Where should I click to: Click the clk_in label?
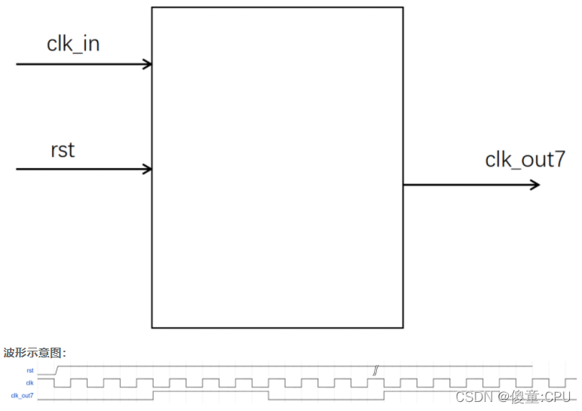tap(73, 44)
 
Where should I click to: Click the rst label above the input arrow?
tap(63, 150)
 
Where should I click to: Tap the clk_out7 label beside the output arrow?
tap(525, 160)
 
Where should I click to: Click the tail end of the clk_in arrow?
tap(17, 64)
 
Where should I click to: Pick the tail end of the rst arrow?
tap(17, 169)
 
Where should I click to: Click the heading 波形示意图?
tap(35, 352)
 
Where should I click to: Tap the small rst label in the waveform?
tap(30, 370)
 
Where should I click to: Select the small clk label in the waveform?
tap(30, 383)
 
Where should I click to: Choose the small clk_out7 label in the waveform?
tap(22, 395)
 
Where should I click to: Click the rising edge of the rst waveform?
tap(57, 370)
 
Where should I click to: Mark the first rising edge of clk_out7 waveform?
tap(153, 395)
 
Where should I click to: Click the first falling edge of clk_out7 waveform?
tap(269, 395)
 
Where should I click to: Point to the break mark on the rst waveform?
tap(375, 370)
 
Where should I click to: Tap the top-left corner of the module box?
tap(152, 8)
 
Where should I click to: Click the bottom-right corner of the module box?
tap(403, 327)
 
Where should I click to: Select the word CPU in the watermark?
tap(558, 397)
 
